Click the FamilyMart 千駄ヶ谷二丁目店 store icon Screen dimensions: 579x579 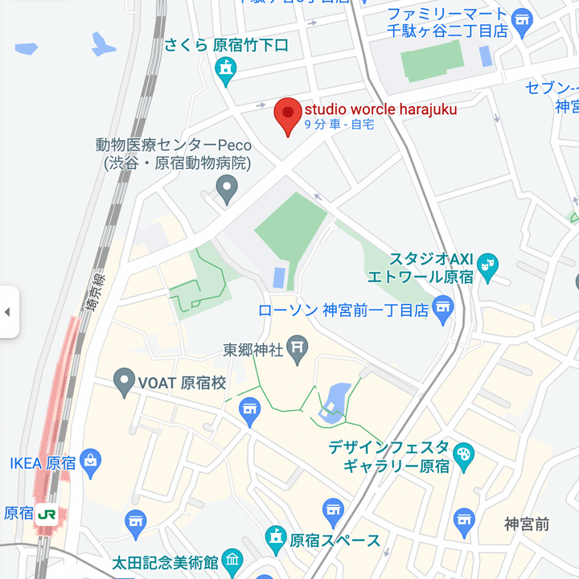point(524,19)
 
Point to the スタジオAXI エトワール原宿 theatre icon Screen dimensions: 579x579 point(487,264)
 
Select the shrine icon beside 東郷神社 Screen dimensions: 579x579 point(298,348)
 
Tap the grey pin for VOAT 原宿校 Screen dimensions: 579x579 point(124,381)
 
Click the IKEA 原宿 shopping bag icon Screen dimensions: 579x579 point(91,462)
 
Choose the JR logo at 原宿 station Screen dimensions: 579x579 point(47,513)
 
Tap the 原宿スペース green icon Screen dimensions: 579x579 point(276,538)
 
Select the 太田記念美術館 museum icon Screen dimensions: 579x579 point(232,560)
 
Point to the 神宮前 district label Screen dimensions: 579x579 point(527,524)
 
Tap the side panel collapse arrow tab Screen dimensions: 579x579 point(8,311)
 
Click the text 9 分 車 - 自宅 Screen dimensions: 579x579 point(339,125)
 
